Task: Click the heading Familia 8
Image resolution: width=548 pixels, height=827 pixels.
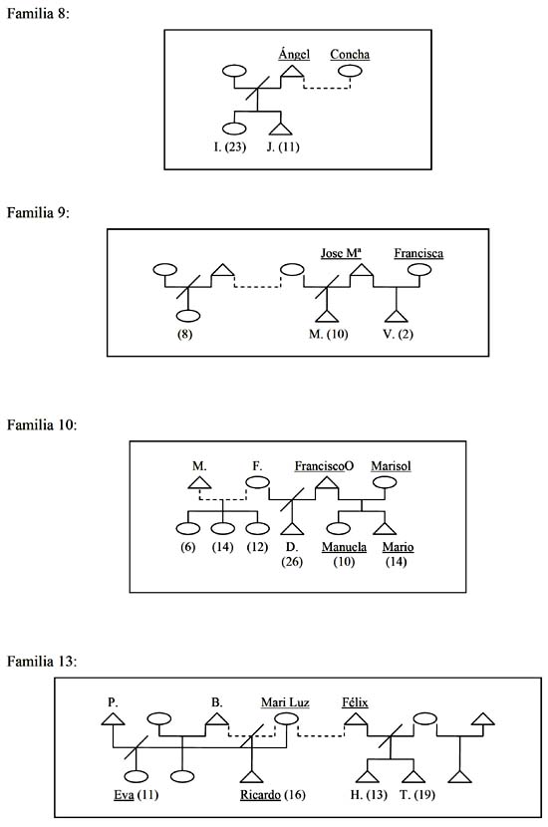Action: pyautogui.click(x=38, y=13)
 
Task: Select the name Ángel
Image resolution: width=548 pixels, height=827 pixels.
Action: pyautogui.click(x=294, y=54)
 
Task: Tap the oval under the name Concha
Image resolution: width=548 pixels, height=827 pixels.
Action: pyautogui.click(x=350, y=71)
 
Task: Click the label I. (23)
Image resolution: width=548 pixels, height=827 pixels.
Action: pyautogui.click(x=230, y=146)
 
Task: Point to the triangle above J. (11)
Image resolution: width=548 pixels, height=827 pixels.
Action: pyautogui.click(x=280, y=130)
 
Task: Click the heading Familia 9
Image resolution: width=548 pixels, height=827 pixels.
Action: pyautogui.click(x=38, y=212)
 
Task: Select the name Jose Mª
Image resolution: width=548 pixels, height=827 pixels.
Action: pyautogui.click(x=341, y=253)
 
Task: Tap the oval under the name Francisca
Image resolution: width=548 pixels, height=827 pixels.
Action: pyautogui.click(x=419, y=270)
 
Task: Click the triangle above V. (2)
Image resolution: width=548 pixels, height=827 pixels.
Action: pyautogui.click(x=397, y=316)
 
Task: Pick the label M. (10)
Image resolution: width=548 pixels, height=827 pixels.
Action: pyautogui.click(x=328, y=334)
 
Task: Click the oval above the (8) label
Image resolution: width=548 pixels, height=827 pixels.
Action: pyautogui.click(x=187, y=316)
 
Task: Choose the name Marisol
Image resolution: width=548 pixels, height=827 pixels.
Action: pyautogui.click(x=391, y=465)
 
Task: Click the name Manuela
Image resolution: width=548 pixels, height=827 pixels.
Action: pyautogui.click(x=344, y=547)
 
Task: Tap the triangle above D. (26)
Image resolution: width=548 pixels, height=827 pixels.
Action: pyautogui.click(x=292, y=528)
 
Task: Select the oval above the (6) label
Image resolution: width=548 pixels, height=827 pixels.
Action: pyautogui.click(x=187, y=528)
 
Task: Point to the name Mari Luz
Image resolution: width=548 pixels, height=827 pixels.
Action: pyautogui.click(x=285, y=702)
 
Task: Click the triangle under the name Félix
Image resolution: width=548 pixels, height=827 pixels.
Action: pyautogui.click(x=356, y=718)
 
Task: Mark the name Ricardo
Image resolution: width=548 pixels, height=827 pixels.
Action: pyautogui.click(x=261, y=794)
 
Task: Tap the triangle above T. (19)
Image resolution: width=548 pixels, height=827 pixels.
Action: pyautogui.click(x=412, y=776)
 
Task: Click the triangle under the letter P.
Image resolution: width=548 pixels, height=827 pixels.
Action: pyautogui.click(x=113, y=718)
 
